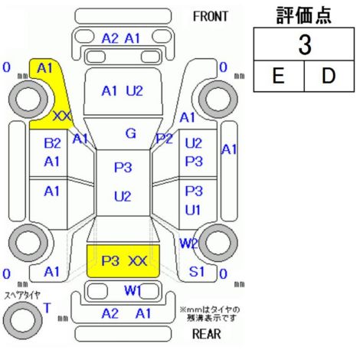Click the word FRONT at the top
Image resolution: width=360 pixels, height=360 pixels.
(210, 17)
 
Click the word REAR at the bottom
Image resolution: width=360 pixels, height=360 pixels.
(207, 334)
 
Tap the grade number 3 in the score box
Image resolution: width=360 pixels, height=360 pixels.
(305, 44)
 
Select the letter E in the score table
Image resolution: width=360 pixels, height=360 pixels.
(278, 76)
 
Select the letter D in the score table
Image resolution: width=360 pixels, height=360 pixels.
(329, 76)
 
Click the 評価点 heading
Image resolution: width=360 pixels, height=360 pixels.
(304, 15)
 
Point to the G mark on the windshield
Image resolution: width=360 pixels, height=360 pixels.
(131, 133)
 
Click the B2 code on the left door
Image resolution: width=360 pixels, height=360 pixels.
(52, 143)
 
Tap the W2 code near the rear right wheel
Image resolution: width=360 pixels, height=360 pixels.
(189, 244)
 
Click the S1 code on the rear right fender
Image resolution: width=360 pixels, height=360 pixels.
(197, 272)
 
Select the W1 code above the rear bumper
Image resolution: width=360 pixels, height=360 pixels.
(133, 290)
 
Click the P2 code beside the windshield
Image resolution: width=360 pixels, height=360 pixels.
(165, 139)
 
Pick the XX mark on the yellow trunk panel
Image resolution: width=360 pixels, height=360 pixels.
(138, 261)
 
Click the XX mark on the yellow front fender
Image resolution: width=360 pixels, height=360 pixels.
(63, 116)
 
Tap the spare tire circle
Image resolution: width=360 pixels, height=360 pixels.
(23, 320)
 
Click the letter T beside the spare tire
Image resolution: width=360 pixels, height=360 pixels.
(47, 308)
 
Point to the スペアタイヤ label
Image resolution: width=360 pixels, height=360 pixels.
(22, 296)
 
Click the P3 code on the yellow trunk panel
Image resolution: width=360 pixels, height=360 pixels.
(110, 261)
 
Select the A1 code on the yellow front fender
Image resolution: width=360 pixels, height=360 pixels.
(44, 68)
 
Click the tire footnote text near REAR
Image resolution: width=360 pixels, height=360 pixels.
(210, 314)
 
